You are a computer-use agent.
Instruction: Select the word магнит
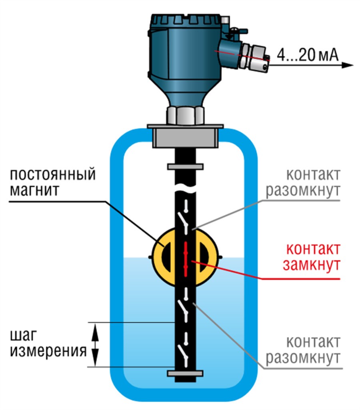click(x=36, y=190)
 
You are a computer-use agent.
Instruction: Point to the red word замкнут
click(x=312, y=265)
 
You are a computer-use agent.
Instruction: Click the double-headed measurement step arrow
click(x=95, y=344)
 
